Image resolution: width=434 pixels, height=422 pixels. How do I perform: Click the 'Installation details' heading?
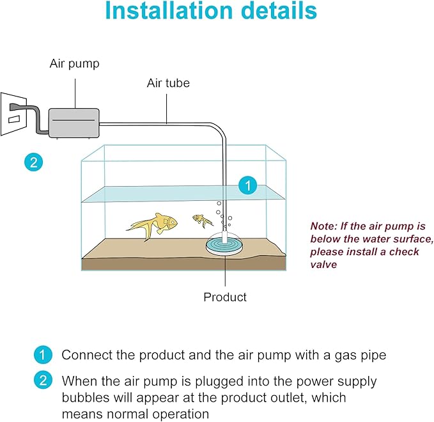(x=210, y=13)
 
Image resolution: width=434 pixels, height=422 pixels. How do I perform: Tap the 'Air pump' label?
(x=74, y=64)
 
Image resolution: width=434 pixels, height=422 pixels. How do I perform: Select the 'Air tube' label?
(x=168, y=83)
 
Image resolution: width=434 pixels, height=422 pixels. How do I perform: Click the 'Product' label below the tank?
(x=224, y=297)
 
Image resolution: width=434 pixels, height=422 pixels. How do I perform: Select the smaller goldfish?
(x=204, y=221)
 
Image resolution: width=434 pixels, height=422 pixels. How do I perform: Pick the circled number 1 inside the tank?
(x=247, y=186)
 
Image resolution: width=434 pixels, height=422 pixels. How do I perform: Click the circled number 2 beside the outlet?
(x=33, y=162)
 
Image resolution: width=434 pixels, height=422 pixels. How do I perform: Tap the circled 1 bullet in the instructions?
(x=42, y=355)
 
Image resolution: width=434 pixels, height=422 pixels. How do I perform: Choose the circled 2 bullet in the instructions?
(x=42, y=381)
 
